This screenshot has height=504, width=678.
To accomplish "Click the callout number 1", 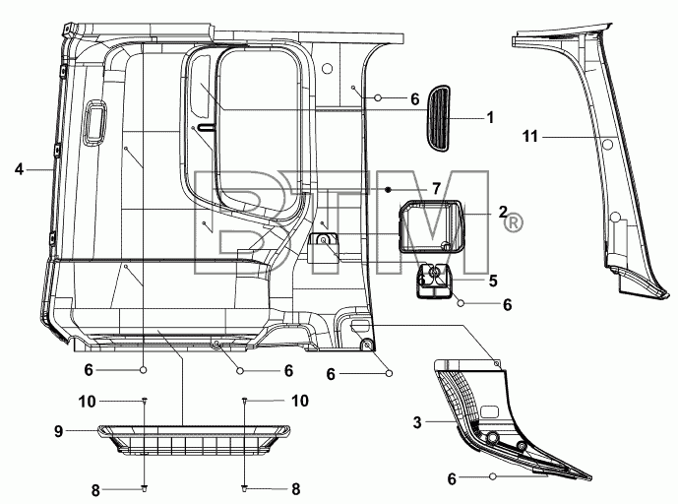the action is click(490, 117).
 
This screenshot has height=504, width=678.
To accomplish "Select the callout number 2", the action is click(503, 212).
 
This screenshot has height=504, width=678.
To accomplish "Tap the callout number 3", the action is click(417, 422).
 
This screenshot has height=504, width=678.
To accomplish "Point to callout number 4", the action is click(19, 169).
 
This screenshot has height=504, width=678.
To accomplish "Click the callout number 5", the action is click(493, 281).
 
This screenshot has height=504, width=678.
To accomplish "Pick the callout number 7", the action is click(436, 189).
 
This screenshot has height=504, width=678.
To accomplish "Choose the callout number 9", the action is click(59, 431).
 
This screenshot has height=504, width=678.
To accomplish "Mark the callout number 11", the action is click(530, 137).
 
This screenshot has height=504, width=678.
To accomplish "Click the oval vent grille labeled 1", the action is click(438, 118).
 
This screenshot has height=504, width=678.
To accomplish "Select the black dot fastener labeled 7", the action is click(389, 189).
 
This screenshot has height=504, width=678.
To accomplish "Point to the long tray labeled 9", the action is click(194, 439).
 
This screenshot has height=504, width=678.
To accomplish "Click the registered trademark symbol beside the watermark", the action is click(514, 222).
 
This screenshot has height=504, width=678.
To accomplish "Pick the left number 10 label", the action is click(87, 402).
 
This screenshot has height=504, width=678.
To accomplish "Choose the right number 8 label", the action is click(296, 489).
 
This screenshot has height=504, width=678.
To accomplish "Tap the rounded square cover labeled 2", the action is click(431, 225).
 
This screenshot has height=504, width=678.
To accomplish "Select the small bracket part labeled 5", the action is click(433, 281).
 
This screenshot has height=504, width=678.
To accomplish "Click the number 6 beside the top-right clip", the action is click(414, 99).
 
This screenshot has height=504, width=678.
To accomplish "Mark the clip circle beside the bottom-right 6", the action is click(492, 476).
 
